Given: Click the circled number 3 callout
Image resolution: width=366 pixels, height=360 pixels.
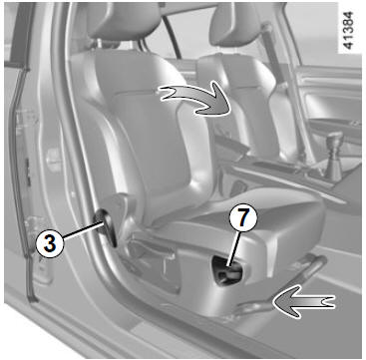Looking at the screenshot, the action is click(x=49, y=244).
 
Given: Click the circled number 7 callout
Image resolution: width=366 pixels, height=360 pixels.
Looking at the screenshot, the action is click(x=243, y=219).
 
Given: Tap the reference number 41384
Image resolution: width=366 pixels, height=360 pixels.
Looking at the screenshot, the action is click(x=348, y=30).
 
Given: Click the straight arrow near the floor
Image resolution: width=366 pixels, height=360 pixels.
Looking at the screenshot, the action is click(x=303, y=301).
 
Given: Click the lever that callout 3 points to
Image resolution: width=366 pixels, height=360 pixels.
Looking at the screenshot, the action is click(x=107, y=227).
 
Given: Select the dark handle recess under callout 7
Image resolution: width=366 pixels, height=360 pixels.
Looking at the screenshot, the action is click(x=226, y=270).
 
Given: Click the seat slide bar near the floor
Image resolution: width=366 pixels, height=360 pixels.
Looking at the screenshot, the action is click(x=286, y=286).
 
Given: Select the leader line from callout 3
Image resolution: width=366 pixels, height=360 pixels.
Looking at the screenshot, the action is click(x=83, y=231).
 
